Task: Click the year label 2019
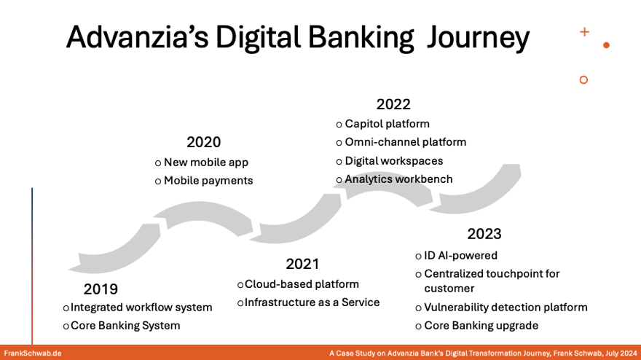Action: [101, 289]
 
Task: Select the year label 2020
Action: [203, 142]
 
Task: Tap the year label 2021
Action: [302, 264]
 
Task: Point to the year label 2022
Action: [393, 104]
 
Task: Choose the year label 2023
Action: [484, 234]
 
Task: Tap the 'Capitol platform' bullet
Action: [387, 124]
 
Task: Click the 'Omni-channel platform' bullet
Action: [405, 142]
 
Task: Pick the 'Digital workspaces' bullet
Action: [393, 161]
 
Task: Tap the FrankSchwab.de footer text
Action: [32, 353]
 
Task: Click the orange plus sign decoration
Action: [584, 32]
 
